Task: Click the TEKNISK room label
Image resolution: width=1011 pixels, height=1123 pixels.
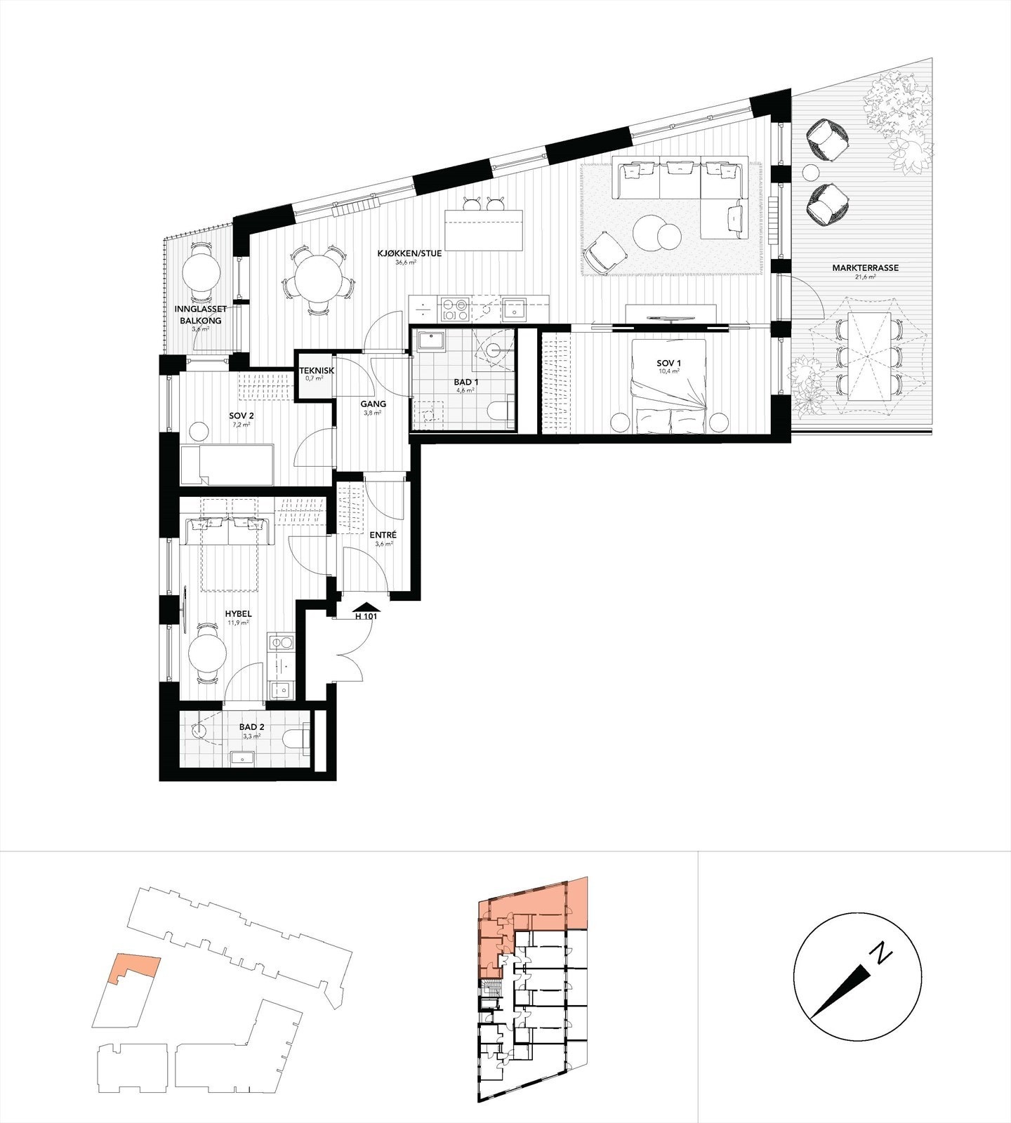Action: [x=314, y=370]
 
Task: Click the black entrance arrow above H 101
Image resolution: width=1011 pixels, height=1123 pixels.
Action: [x=368, y=606]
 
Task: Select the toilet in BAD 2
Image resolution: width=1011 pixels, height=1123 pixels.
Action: [x=298, y=738]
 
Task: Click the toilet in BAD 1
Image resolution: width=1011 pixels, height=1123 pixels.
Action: [x=503, y=411]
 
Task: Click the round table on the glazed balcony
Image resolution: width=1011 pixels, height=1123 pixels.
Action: [x=201, y=274]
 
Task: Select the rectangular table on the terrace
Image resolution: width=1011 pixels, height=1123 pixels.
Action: [x=868, y=354]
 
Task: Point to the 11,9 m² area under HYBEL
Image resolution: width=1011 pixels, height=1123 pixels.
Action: [x=238, y=623]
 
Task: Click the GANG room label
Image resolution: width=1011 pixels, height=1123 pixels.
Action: [x=372, y=404]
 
